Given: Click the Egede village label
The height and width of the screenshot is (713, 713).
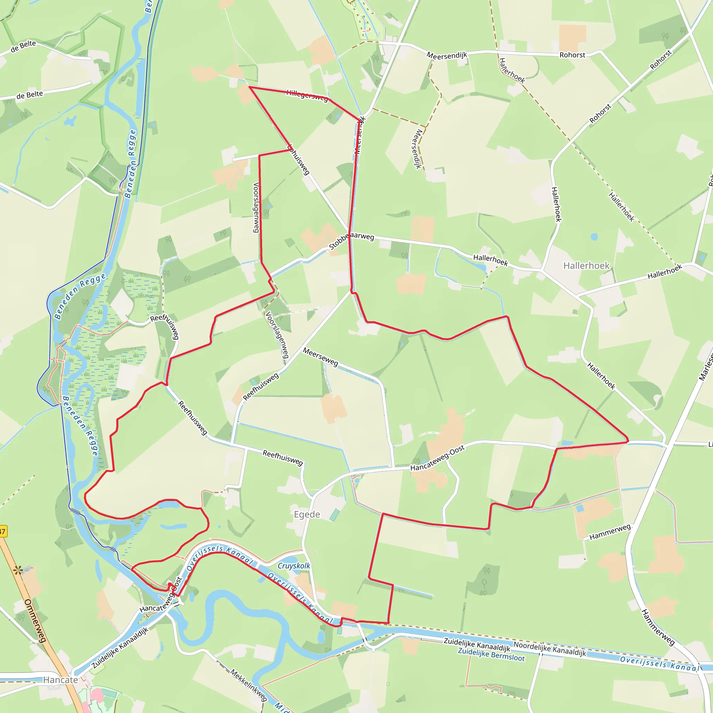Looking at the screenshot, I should [x=307, y=515].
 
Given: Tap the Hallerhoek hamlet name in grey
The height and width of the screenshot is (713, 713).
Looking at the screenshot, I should [x=586, y=266].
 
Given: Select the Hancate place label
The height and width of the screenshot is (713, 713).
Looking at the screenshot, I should [x=61, y=680].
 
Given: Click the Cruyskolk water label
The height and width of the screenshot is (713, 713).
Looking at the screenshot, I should [x=294, y=566].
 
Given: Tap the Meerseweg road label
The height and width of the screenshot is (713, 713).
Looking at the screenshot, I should [x=320, y=357].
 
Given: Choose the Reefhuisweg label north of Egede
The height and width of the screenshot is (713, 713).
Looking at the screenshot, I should [x=283, y=457].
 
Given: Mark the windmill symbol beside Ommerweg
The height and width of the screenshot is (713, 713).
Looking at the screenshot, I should [x=18, y=571].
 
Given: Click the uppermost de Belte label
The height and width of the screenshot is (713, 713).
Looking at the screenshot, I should [x=23, y=46].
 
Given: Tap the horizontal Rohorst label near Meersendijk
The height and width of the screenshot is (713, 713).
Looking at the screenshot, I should [x=572, y=55].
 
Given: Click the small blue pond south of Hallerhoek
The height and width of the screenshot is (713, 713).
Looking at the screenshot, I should [x=594, y=236].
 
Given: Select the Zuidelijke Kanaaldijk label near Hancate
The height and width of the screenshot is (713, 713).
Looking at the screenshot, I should [x=120, y=648].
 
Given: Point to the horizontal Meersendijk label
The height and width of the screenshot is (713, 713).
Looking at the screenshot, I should [x=447, y=55].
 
